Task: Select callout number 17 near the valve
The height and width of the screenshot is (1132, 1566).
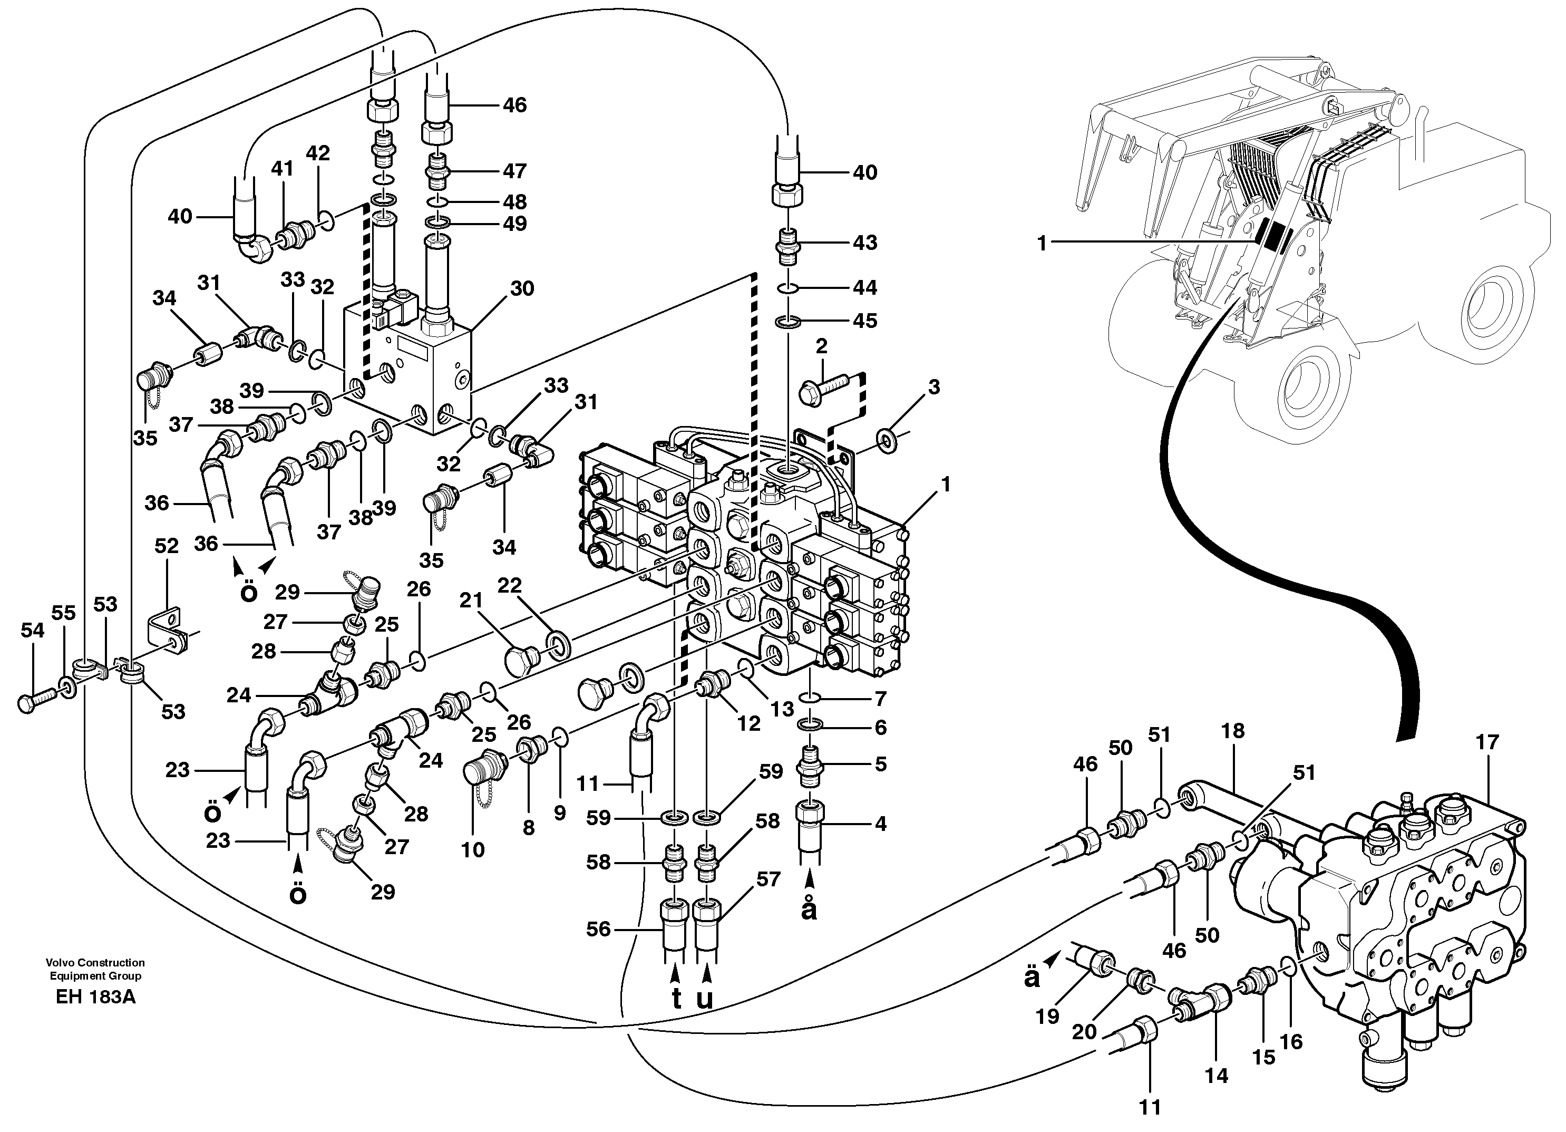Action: tap(1487, 742)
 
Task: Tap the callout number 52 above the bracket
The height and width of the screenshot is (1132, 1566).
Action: tap(167, 546)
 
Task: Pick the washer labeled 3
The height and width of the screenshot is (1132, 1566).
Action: tap(887, 439)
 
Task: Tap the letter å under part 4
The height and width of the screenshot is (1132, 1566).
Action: tap(809, 911)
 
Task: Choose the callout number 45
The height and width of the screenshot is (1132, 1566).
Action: tap(864, 321)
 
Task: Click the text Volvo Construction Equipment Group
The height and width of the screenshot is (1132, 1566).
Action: tap(95, 969)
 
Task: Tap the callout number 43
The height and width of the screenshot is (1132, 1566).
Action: tap(864, 243)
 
